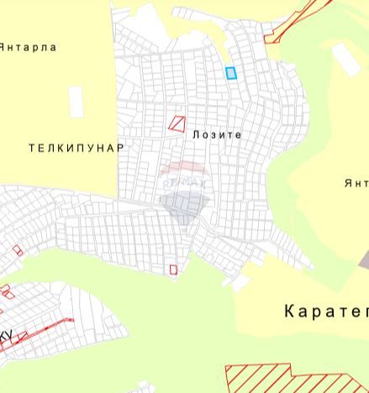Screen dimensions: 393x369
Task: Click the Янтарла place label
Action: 27,48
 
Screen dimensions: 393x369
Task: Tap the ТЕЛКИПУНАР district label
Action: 76,148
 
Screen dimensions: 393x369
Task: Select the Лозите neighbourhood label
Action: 217,134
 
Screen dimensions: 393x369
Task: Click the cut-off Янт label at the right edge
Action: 356,183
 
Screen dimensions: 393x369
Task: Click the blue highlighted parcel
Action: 231,73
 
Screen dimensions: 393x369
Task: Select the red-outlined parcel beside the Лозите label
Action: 177,123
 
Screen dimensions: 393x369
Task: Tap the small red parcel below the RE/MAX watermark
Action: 174,270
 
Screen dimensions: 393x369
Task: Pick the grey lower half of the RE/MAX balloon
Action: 179,206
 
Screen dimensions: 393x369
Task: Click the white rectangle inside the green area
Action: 345,59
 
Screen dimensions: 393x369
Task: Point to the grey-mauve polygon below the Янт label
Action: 364,260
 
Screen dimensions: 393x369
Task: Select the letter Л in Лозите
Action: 196,134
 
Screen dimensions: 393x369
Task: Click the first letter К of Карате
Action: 290,312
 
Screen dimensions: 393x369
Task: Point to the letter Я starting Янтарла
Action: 3,48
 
